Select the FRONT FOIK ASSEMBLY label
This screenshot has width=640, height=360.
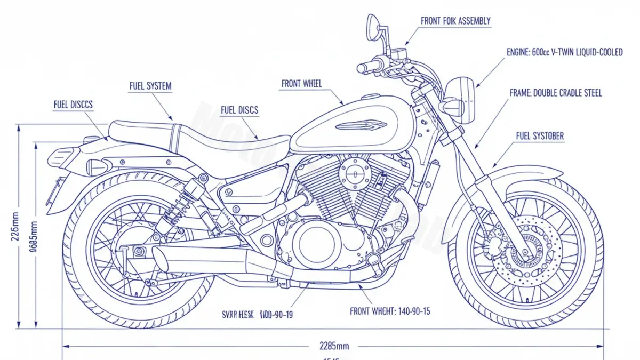[x=455, y=21]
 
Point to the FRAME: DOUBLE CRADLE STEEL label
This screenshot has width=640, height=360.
[x=556, y=93]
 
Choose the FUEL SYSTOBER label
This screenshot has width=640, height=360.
[x=540, y=137]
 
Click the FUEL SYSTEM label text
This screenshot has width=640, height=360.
[x=150, y=86]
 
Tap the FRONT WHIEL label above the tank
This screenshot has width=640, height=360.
[x=301, y=84]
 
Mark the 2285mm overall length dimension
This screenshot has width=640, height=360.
[x=334, y=345]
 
